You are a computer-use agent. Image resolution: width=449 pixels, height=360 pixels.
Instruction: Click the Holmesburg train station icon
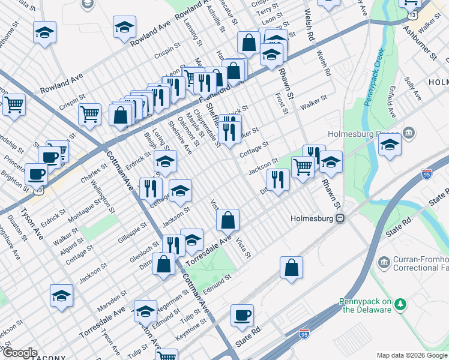click(340, 218)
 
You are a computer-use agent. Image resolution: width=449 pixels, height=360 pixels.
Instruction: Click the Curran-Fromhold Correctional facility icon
click(384, 263)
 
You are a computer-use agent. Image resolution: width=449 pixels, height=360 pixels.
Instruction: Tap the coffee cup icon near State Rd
click(243, 315)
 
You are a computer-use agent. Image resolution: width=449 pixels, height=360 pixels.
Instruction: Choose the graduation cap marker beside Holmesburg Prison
click(390, 145)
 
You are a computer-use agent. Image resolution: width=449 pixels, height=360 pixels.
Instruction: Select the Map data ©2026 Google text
click(411, 356)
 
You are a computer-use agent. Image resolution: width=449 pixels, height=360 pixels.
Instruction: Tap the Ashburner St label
click(420, 43)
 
